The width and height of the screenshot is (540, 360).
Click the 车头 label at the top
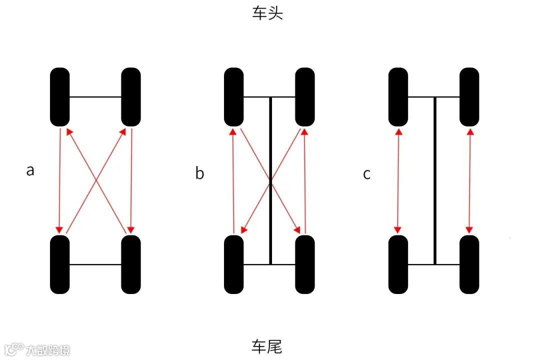tap(267, 13)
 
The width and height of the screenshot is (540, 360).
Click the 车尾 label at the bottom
tap(267, 346)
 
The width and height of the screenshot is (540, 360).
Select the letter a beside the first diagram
tap(30, 170)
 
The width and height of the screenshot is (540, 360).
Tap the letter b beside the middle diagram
tap(200, 173)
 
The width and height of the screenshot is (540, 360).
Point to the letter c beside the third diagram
tap(367, 174)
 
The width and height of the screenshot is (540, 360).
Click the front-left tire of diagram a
tap(60, 97)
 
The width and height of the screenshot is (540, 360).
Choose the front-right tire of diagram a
tap(131, 97)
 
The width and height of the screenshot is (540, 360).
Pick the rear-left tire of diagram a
tap(60, 264)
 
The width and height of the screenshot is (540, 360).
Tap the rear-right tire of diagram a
tap(131, 264)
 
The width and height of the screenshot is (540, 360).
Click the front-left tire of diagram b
tap(233, 97)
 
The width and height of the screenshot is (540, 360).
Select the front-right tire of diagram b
tap(305, 97)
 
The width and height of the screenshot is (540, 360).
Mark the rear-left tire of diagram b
tap(233, 264)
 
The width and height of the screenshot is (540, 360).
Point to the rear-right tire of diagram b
tap(305, 264)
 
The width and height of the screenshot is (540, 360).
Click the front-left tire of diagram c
tap(398, 97)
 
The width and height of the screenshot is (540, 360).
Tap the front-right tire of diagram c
tap(469, 97)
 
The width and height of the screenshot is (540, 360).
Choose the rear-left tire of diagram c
tap(398, 264)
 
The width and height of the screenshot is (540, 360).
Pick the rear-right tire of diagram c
tap(469, 264)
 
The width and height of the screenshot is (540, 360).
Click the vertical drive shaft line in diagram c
tap(434, 180)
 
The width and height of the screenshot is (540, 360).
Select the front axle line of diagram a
tap(95, 97)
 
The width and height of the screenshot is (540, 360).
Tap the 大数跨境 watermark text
tap(48, 349)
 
